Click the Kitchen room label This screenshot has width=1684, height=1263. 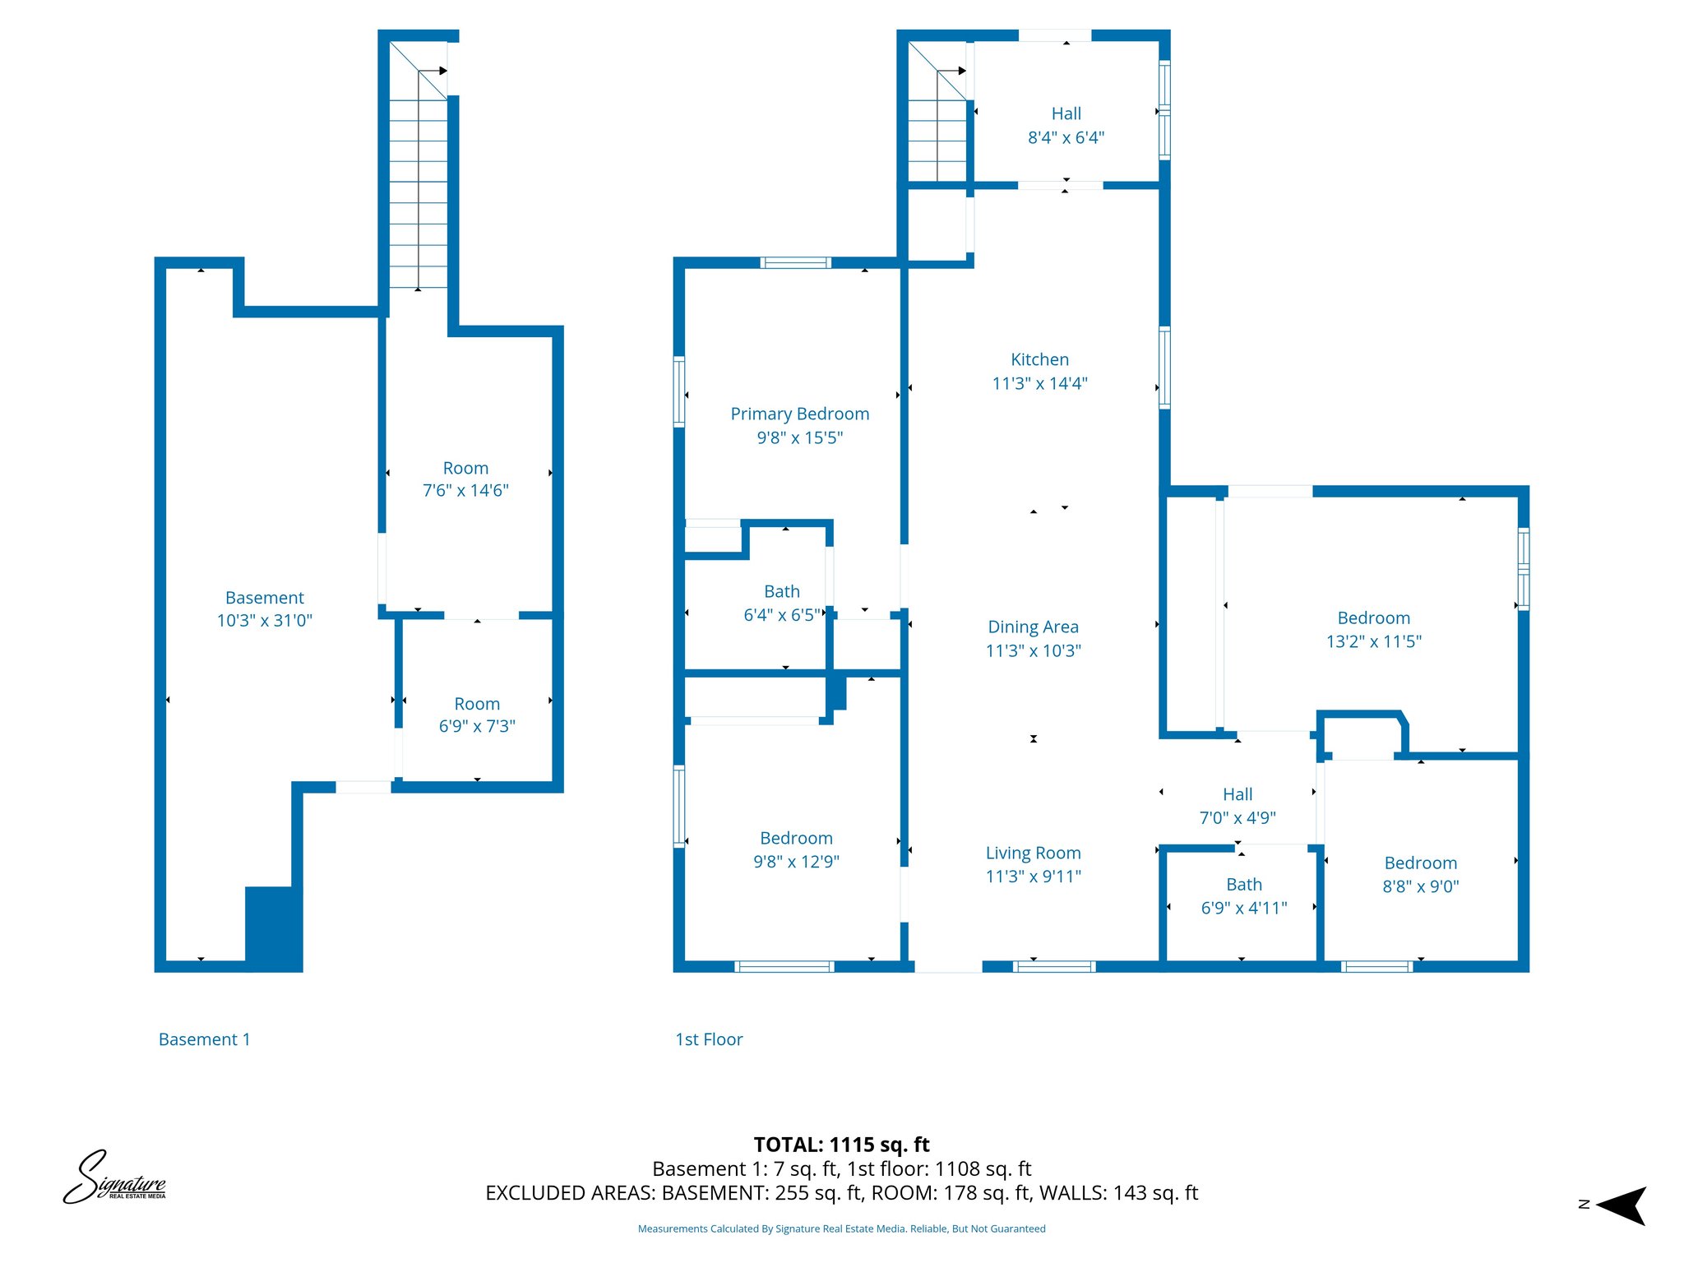[x=1039, y=359]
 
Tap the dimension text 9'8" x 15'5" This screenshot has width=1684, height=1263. [x=799, y=437]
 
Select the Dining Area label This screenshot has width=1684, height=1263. [x=1033, y=627]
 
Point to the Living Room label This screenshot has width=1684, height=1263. [x=1033, y=853]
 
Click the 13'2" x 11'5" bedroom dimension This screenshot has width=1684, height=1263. [x=1373, y=641]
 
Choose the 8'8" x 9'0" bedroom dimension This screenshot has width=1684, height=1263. [x=1420, y=886]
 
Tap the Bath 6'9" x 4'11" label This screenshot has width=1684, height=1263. [x=1243, y=885]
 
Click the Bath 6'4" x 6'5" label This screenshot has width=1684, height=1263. [x=781, y=591]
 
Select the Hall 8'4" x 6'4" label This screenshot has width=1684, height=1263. [x=1066, y=114]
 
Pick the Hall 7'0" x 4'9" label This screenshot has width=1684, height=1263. [x=1237, y=794]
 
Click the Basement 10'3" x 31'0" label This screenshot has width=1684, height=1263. [x=264, y=598]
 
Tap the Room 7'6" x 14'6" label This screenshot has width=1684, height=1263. [x=465, y=468]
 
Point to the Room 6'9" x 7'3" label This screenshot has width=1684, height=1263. [x=477, y=704]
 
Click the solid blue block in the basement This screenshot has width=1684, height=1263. [x=273, y=928]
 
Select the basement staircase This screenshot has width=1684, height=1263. [x=418, y=181]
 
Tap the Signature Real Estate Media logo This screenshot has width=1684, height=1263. [x=115, y=1178]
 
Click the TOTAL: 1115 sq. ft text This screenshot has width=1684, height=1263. [x=841, y=1145]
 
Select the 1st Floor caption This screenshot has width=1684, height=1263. [x=708, y=1039]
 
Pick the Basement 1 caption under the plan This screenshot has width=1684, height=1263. [x=204, y=1039]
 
